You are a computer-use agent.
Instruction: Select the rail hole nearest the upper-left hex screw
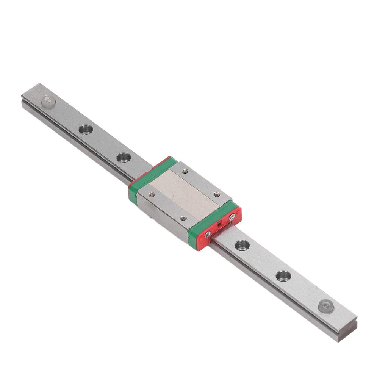pos(85,130)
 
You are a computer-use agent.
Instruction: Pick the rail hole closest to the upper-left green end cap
pos(122,157)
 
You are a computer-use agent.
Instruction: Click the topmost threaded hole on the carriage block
pos(185,172)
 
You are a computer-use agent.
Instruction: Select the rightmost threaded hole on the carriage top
pos(217,194)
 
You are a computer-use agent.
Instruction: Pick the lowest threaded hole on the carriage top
pos(183,219)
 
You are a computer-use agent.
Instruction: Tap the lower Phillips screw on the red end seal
pos(207,235)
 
